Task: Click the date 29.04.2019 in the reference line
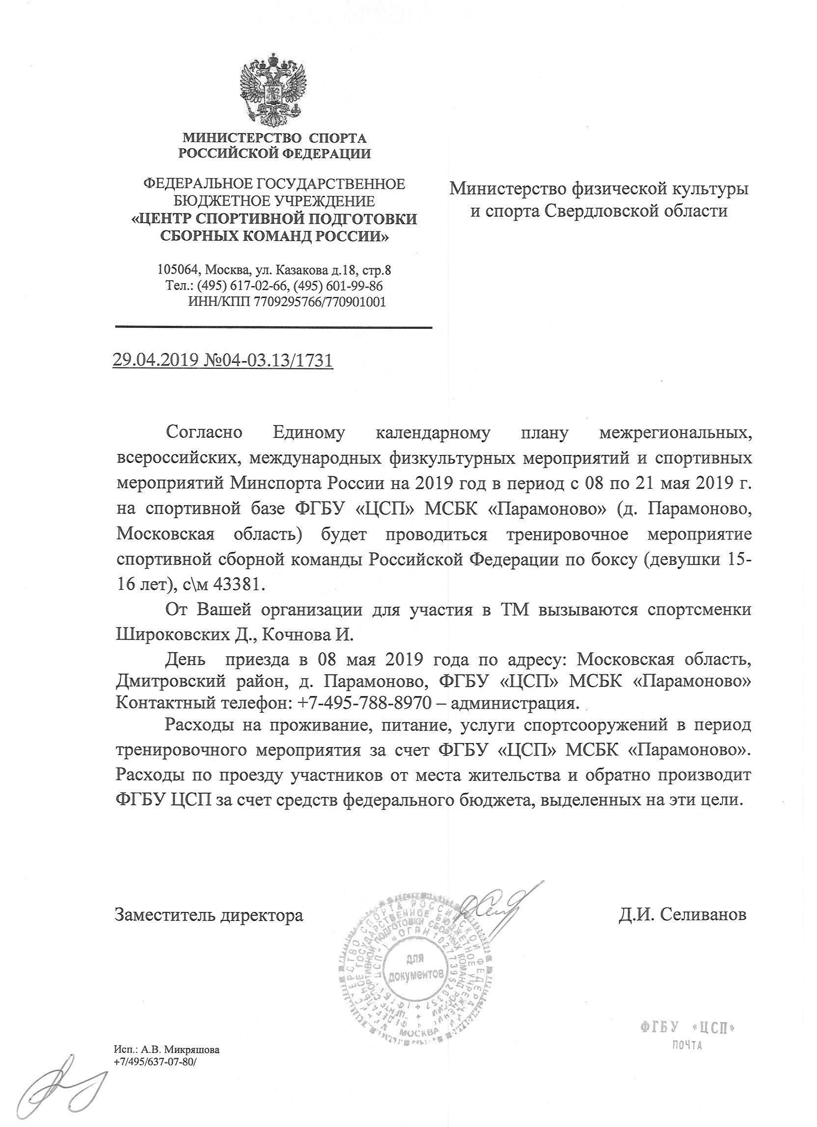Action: click(x=156, y=359)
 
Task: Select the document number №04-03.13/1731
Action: click(x=269, y=359)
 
